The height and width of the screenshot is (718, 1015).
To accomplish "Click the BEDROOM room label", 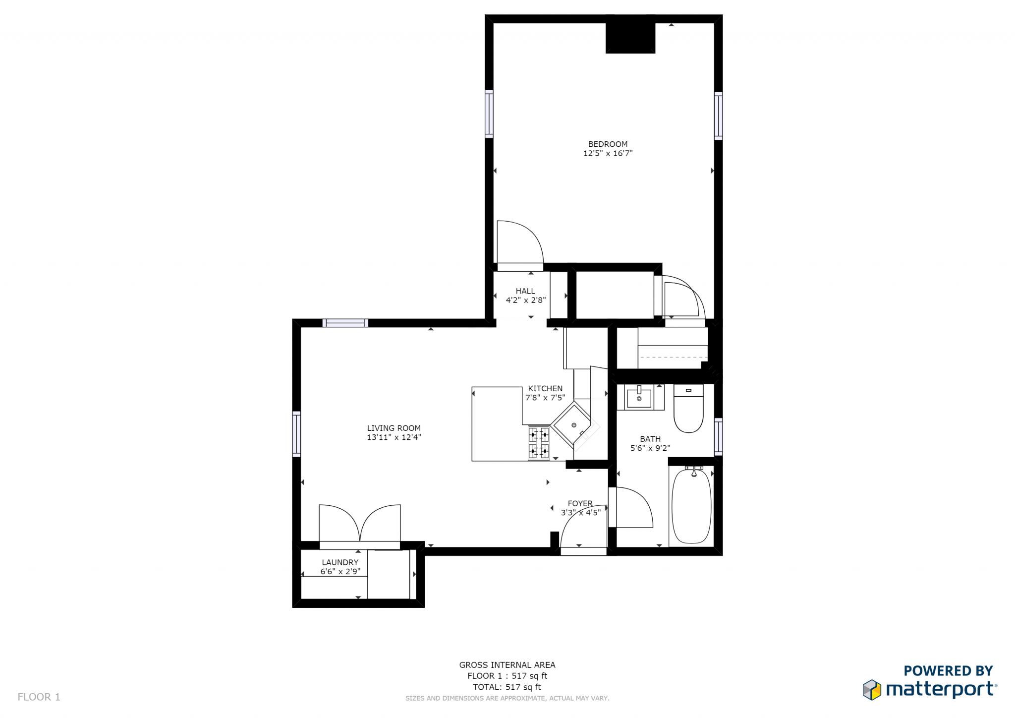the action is (x=608, y=144).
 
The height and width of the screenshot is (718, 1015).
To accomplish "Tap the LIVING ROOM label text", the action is (x=394, y=428).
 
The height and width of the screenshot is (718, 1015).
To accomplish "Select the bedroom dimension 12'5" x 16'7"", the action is (x=608, y=154).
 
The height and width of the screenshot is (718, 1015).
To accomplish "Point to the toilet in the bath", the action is (x=688, y=408).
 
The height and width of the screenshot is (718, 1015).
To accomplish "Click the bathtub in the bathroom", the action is (x=691, y=506).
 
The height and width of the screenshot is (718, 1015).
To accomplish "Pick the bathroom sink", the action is (x=639, y=397).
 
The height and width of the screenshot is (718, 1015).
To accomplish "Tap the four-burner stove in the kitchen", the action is (x=539, y=443).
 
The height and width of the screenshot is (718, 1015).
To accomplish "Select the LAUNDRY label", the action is (x=340, y=562).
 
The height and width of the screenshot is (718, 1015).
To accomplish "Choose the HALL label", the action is (x=525, y=291).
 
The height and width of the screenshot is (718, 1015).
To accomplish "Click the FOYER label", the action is (x=580, y=503).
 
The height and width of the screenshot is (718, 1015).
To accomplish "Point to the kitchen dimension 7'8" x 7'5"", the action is (x=545, y=398).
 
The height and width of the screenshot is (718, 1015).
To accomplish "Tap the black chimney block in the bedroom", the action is (x=630, y=38).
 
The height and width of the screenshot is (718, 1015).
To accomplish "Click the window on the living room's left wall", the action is (x=296, y=433).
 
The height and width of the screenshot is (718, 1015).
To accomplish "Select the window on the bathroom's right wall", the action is (x=718, y=436).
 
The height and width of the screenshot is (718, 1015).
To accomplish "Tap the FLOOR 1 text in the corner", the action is (x=39, y=697).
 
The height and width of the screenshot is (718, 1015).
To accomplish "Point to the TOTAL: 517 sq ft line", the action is (x=507, y=687).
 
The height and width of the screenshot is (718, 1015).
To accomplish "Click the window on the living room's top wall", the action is (x=345, y=323).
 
